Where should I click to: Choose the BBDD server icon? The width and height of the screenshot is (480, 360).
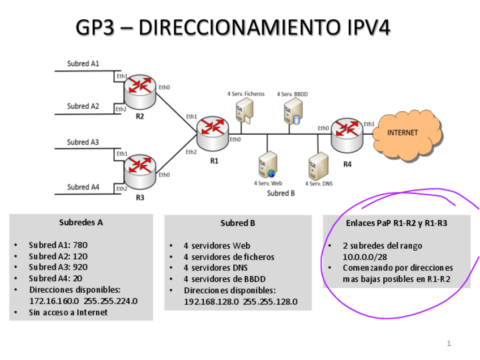click(292, 110)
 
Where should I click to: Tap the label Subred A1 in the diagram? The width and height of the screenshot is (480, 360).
click(83, 63)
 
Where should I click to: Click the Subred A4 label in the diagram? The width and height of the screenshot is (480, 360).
click(83, 187)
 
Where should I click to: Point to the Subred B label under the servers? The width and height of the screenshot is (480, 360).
click(281, 194)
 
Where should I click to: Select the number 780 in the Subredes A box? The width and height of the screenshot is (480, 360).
click(80, 246)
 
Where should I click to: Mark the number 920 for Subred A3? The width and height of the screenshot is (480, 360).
click(80, 267)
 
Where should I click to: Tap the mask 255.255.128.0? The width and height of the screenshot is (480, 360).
click(278, 301)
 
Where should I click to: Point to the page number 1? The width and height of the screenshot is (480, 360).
click(448, 344)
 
